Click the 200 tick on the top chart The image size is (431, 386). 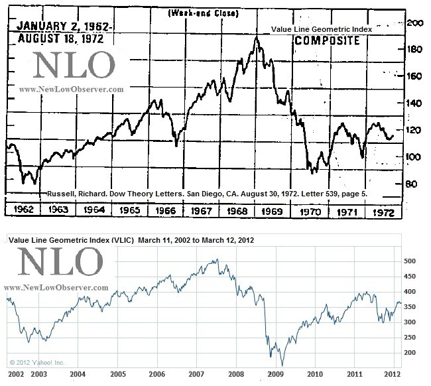(415, 23)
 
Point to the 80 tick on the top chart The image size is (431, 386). (412, 184)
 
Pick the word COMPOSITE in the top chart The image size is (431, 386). (328, 41)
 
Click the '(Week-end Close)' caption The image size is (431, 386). (205, 13)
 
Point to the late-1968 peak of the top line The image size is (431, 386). (257, 37)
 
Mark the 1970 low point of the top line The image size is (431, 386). (314, 172)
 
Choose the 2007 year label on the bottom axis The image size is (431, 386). (196, 374)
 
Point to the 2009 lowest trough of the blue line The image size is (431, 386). (281, 364)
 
